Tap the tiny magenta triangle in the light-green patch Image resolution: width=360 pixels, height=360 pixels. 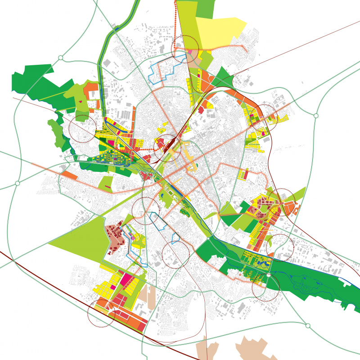point(81,102)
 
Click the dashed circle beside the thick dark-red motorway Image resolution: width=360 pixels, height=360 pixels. point(101,313)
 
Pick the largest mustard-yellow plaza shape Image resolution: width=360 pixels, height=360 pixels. point(186,155)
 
